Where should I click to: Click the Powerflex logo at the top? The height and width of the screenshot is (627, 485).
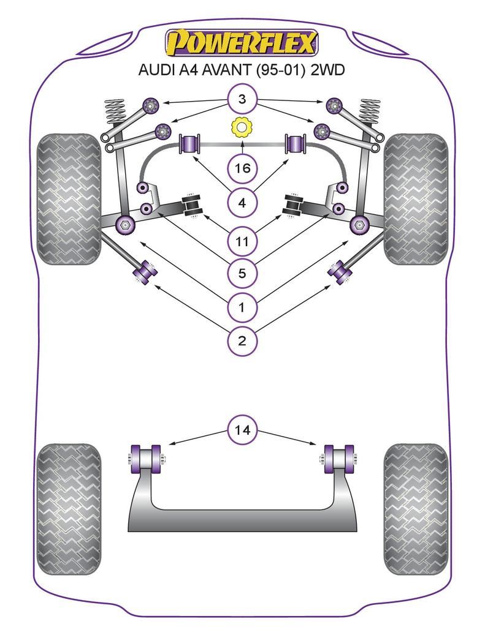click(242, 43)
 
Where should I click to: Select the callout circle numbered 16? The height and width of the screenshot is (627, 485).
click(242, 168)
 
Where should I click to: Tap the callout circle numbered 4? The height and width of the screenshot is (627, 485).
click(242, 202)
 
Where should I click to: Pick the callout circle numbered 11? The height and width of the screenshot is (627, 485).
click(242, 241)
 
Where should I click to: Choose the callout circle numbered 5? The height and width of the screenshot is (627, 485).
click(242, 273)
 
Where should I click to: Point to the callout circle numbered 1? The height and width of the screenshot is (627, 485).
click(242, 307)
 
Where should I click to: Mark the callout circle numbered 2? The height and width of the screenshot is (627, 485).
click(242, 340)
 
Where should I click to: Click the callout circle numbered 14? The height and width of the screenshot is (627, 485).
click(242, 430)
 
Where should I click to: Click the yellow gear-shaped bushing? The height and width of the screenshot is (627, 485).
click(242, 128)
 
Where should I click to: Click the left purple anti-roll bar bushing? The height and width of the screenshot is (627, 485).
click(190, 145)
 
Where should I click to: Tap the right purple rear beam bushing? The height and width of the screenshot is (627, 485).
click(339, 460)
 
